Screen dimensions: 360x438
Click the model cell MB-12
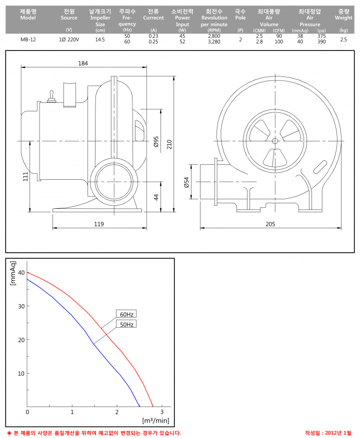(x=28, y=39)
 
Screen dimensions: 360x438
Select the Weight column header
(x=343, y=14)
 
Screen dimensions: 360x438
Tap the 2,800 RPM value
(x=214, y=36)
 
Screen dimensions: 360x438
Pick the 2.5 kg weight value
(x=343, y=39)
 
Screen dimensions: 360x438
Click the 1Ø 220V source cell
(x=69, y=39)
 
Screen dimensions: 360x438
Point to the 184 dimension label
(x=83, y=63)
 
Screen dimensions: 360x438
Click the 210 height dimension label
(x=169, y=144)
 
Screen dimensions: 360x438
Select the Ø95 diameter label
(x=156, y=142)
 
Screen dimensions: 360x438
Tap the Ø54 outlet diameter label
(x=186, y=182)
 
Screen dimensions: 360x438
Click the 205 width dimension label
(x=270, y=224)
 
